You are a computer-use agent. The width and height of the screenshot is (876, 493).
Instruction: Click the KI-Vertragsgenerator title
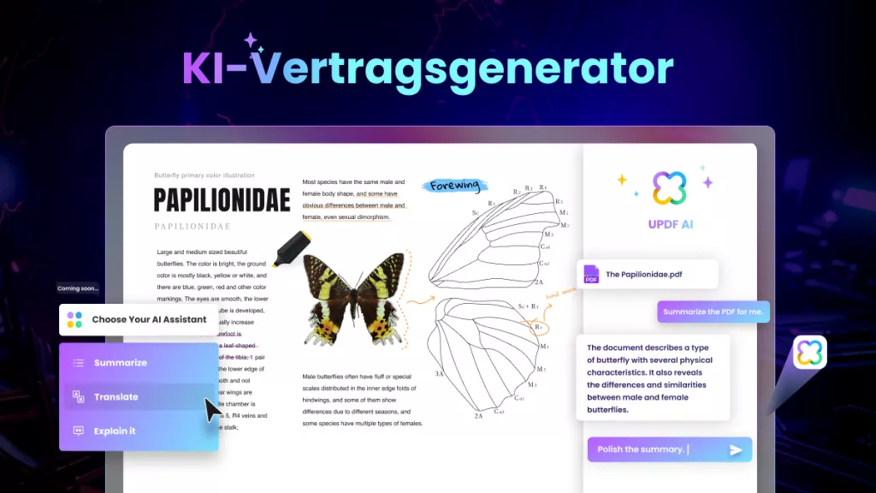(428, 68)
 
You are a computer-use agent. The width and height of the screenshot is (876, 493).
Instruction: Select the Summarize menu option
(120, 363)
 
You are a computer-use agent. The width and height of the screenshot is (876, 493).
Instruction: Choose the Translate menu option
(115, 397)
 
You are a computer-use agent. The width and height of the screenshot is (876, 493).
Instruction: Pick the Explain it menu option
(115, 431)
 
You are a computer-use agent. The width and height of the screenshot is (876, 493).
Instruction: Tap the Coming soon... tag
(78, 288)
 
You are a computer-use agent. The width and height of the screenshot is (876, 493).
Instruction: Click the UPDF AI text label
(670, 225)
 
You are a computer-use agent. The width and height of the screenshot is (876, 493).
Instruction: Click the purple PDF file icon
(591, 275)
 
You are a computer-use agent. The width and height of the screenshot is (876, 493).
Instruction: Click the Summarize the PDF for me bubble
(713, 312)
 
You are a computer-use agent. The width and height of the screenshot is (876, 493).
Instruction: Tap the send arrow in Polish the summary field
(735, 450)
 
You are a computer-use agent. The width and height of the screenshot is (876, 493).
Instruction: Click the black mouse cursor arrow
(212, 409)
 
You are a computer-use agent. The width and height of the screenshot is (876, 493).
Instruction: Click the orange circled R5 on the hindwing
(539, 326)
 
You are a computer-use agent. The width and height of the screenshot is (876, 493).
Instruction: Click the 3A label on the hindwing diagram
(439, 374)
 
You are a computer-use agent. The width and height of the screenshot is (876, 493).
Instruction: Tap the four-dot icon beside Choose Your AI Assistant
(75, 319)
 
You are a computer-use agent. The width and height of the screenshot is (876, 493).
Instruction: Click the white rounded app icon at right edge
(809, 353)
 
